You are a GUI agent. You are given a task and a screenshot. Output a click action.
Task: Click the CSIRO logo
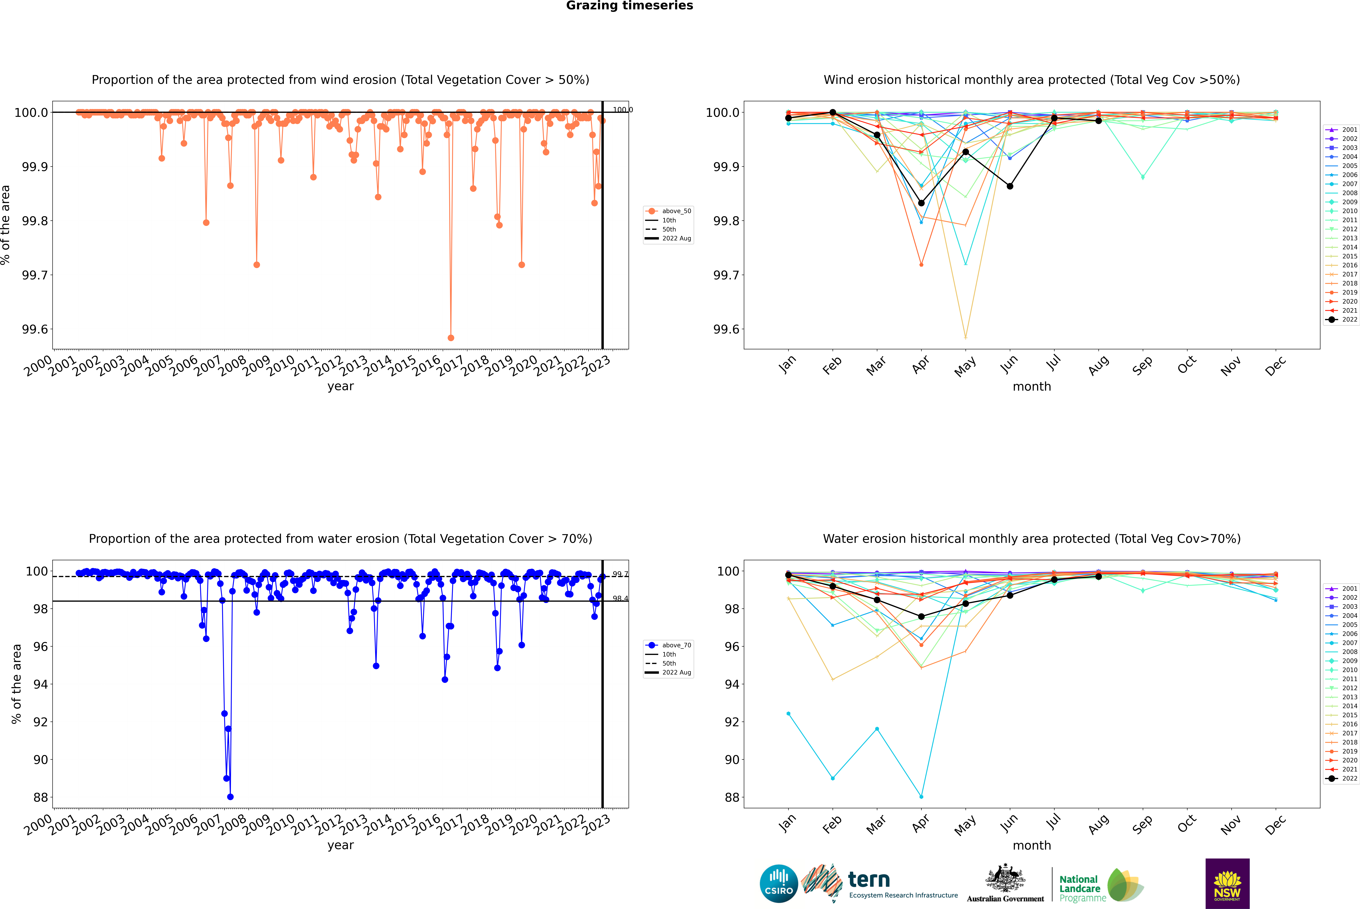pyautogui.click(x=779, y=884)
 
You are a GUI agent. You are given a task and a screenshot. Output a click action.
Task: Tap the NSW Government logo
pyautogui.click(x=1227, y=884)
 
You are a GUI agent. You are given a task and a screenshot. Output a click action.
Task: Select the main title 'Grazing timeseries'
pyautogui.click(x=630, y=6)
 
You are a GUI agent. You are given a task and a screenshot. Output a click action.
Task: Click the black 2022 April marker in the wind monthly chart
pyautogui.click(x=921, y=203)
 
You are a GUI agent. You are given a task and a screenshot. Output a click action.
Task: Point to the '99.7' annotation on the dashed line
pyautogui.click(x=620, y=574)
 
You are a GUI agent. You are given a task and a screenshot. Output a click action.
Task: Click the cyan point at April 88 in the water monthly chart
pyautogui.click(x=921, y=796)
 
